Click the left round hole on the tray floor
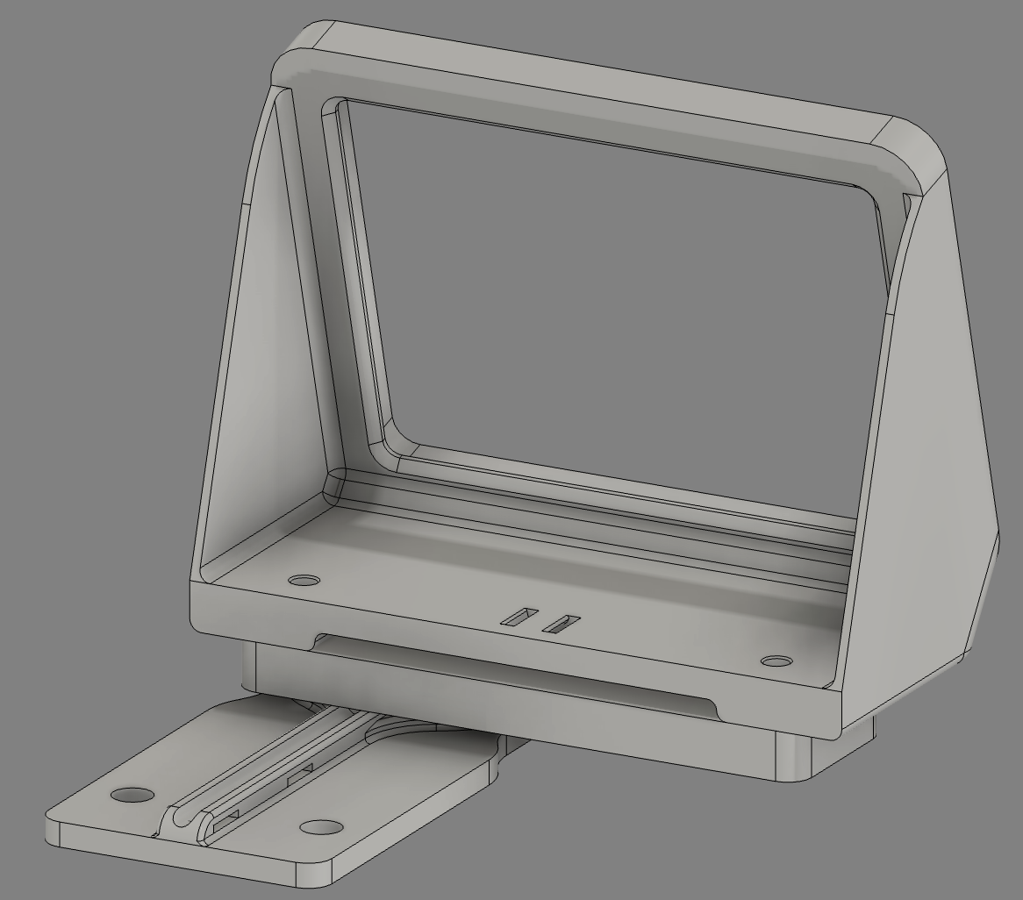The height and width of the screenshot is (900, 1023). [x=304, y=581]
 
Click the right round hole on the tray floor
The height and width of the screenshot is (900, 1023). [x=776, y=661]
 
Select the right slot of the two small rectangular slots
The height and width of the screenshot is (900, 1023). [x=561, y=624]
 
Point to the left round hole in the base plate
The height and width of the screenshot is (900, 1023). [x=132, y=795]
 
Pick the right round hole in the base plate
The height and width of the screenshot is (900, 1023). [x=321, y=827]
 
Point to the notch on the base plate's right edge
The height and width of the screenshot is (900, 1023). [x=502, y=750]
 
